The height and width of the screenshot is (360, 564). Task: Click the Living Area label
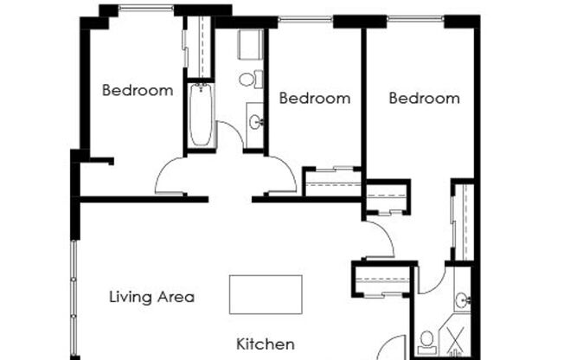tap(151, 298)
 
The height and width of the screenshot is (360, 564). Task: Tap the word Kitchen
tap(266, 344)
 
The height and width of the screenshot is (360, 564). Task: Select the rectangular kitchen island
tap(266, 295)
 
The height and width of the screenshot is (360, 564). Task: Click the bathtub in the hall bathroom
tap(201, 114)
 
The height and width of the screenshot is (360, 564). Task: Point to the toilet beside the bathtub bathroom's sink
tap(251, 80)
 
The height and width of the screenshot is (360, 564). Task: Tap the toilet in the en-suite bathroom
tap(427, 343)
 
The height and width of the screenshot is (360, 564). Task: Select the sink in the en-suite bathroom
tap(463, 299)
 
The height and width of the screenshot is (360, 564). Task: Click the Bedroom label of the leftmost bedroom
tap(138, 90)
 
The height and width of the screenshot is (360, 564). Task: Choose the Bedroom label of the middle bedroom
tap(315, 99)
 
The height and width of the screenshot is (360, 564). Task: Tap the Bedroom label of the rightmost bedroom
tap(425, 99)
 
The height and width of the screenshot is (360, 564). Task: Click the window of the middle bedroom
tap(305, 19)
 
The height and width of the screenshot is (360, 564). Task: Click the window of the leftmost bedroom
tap(146, 7)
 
